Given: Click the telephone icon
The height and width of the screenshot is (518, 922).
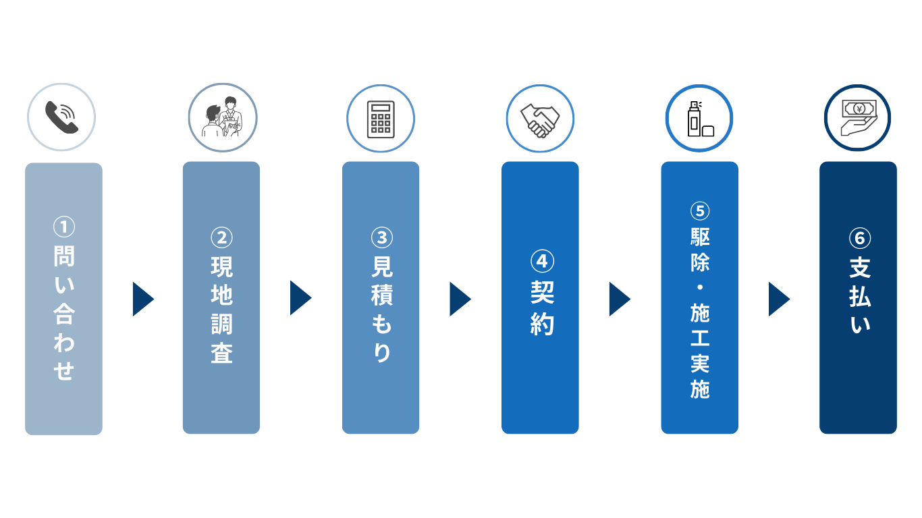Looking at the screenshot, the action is click(x=61, y=117).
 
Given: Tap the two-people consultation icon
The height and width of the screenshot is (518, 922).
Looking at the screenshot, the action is click(x=222, y=117).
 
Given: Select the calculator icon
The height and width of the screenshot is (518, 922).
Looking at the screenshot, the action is click(x=381, y=119).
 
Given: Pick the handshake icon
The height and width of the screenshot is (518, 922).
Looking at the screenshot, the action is click(x=540, y=121).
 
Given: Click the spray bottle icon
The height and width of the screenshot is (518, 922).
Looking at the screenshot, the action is click(x=701, y=119).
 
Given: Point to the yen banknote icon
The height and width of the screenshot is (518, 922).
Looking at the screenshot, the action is click(x=859, y=117).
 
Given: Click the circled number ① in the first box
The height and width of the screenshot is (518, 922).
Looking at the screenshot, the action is click(x=64, y=227).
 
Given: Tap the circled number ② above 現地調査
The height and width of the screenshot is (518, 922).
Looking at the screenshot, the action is click(x=221, y=238).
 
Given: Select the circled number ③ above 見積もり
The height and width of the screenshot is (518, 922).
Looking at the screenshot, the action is click(x=381, y=237).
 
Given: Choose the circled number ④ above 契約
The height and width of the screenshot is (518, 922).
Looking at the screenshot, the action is click(x=542, y=261).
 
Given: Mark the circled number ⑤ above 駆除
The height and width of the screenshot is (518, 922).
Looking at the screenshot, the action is click(x=700, y=211).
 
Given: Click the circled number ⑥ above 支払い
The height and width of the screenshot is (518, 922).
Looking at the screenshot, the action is click(x=860, y=238).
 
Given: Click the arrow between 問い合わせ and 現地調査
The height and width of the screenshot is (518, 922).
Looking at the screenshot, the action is click(x=143, y=299).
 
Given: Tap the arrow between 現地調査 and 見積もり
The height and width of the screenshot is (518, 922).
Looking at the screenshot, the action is click(x=300, y=298).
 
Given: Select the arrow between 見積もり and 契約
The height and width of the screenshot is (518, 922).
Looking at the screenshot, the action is click(x=460, y=299).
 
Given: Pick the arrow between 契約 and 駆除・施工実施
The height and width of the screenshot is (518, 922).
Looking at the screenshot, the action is click(x=620, y=299).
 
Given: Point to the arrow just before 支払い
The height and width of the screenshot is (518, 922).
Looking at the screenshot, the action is click(x=779, y=299).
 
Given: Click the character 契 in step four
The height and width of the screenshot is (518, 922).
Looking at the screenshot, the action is click(x=542, y=292).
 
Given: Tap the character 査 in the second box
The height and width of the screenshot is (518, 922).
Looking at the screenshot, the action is click(x=221, y=353).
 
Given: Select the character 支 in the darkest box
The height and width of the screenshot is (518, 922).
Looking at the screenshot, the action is click(x=860, y=268).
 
